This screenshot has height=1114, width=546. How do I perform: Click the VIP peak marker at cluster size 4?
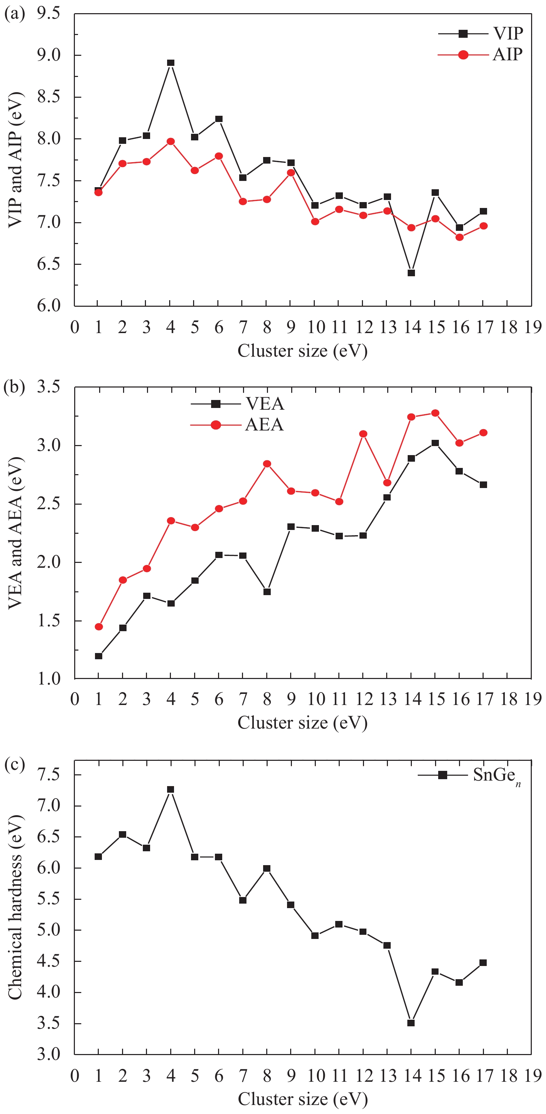click(x=171, y=63)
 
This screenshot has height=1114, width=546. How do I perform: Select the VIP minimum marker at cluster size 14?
click(x=411, y=273)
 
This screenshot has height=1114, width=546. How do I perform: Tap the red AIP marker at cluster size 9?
click(x=291, y=173)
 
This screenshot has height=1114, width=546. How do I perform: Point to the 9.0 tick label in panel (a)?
click(x=49, y=55)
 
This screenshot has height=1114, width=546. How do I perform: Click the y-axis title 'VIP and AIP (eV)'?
click(x=15, y=160)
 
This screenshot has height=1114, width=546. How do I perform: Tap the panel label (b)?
click(x=14, y=386)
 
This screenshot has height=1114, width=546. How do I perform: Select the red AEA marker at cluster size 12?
click(x=363, y=434)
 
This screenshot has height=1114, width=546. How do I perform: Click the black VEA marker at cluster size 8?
click(x=267, y=592)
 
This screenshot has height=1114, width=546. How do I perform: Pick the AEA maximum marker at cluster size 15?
click(x=435, y=413)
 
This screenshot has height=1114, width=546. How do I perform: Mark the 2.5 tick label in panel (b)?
click(x=49, y=504)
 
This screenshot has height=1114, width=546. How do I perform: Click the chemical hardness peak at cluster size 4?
click(x=171, y=790)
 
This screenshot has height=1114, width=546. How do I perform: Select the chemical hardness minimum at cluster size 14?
click(x=411, y=1023)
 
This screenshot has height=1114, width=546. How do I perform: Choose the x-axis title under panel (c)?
click(x=302, y=1099)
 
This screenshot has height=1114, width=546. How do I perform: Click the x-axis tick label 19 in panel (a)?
click(x=532, y=327)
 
